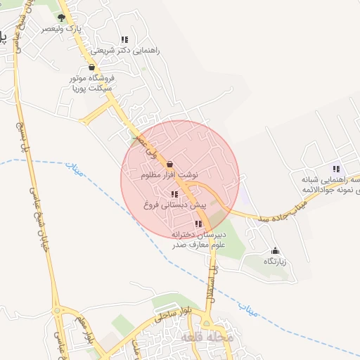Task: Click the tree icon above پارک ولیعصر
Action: click(x=61, y=18)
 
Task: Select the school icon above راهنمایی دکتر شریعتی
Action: click(x=124, y=40)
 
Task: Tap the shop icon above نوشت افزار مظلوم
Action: click(x=170, y=163)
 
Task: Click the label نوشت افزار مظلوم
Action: click(x=169, y=175)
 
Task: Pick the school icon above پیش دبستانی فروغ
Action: click(x=174, y=195)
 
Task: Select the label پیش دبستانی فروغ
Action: click(x=176, y=206)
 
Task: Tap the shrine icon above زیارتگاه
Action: click(x=275, y=250)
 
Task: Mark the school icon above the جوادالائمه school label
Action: click(x=336, y=169)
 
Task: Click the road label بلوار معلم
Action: click(x=86, y=330)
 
